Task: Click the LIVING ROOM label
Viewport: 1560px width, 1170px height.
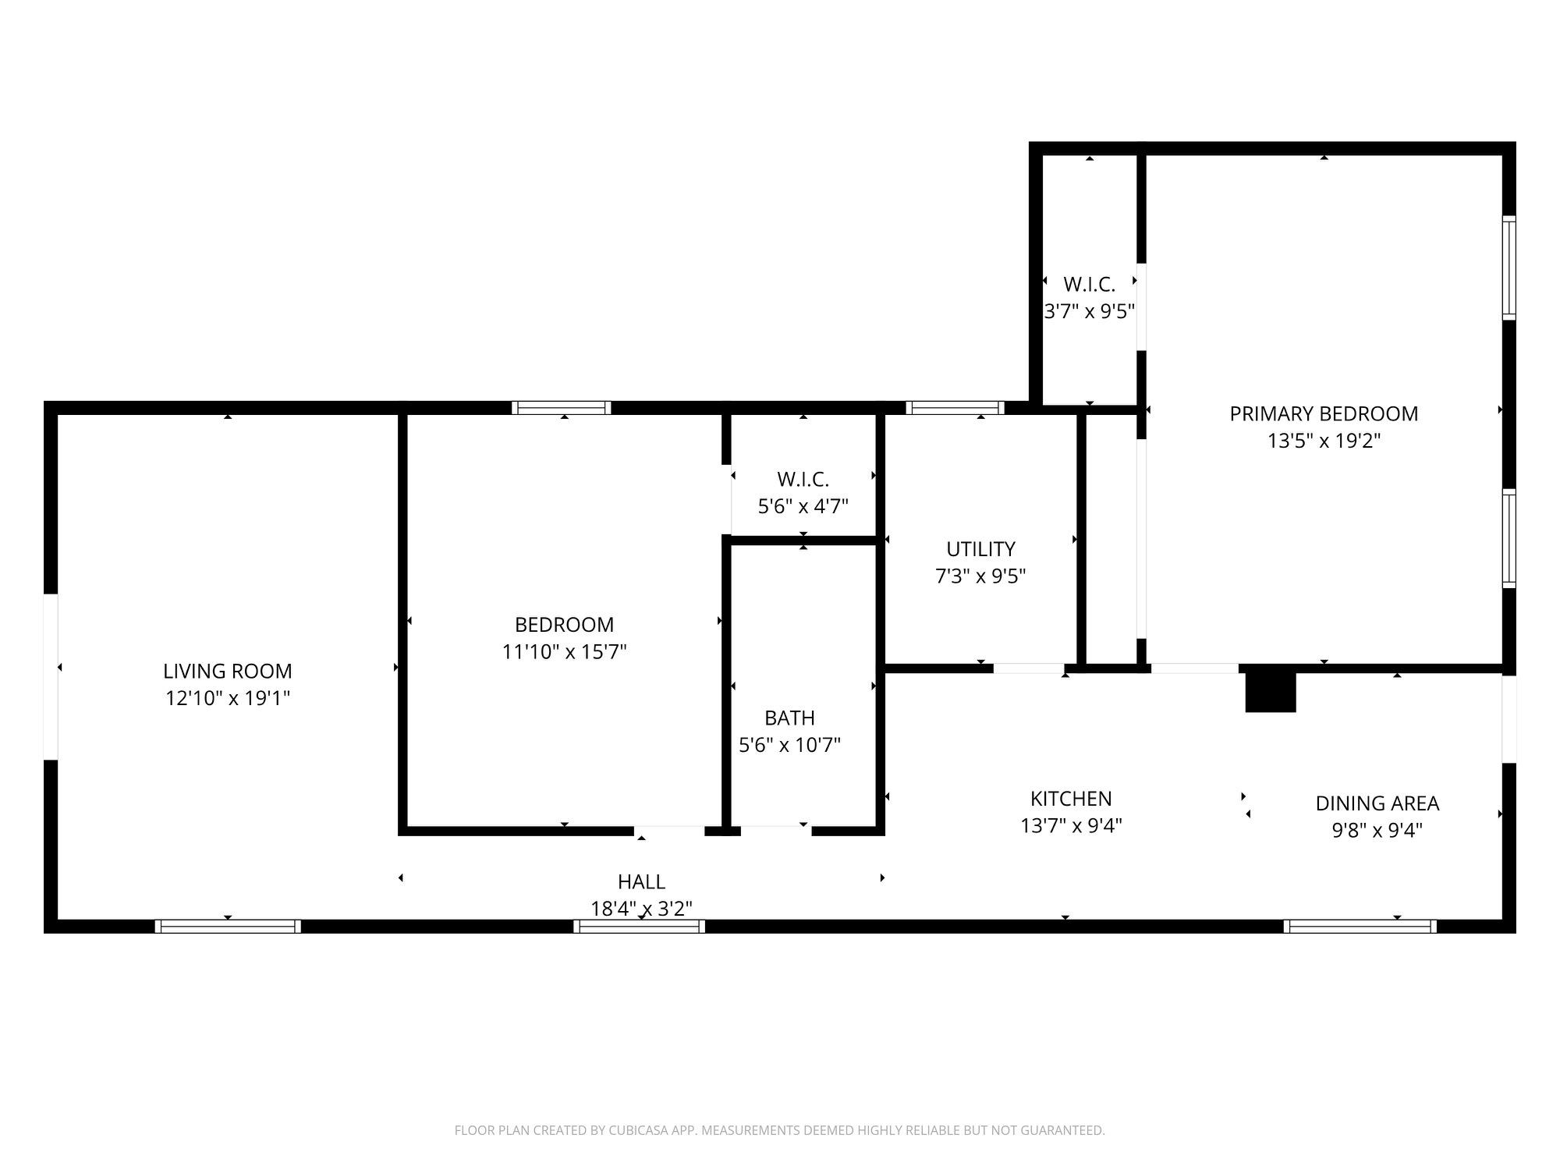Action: coord(227,671)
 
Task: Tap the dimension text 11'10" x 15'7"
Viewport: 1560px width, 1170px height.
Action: coord(564,651)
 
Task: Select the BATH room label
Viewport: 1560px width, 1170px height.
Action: coord(789,718)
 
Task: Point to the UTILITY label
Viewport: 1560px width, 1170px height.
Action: coord(980,548)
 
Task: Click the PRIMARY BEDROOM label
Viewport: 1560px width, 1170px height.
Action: coord(1323,413)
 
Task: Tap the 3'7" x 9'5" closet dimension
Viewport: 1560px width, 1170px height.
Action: coord(1089,311)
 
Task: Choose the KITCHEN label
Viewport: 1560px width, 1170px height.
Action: coord(1070,798)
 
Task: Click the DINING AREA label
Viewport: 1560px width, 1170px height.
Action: coord(1377,803)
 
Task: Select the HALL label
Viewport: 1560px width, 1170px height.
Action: coord(641,881)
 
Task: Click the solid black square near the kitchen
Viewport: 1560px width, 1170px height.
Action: coord(1270,692)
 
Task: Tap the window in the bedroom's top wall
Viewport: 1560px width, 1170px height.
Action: coord(561,408)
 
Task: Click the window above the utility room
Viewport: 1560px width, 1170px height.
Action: coord(954,408)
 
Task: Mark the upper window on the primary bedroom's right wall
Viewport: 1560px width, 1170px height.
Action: coord(1509,268)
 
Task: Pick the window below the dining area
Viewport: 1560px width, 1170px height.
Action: coord(1360,927)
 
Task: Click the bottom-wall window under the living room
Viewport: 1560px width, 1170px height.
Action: coord(228,927)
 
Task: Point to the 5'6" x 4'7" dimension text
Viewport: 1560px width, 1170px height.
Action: coord(803,506)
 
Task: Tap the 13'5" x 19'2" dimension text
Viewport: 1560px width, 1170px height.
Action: coord(1323,441)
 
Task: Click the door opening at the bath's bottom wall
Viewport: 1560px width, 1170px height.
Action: coord(775,830)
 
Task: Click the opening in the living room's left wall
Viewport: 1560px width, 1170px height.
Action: coord(51,676)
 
